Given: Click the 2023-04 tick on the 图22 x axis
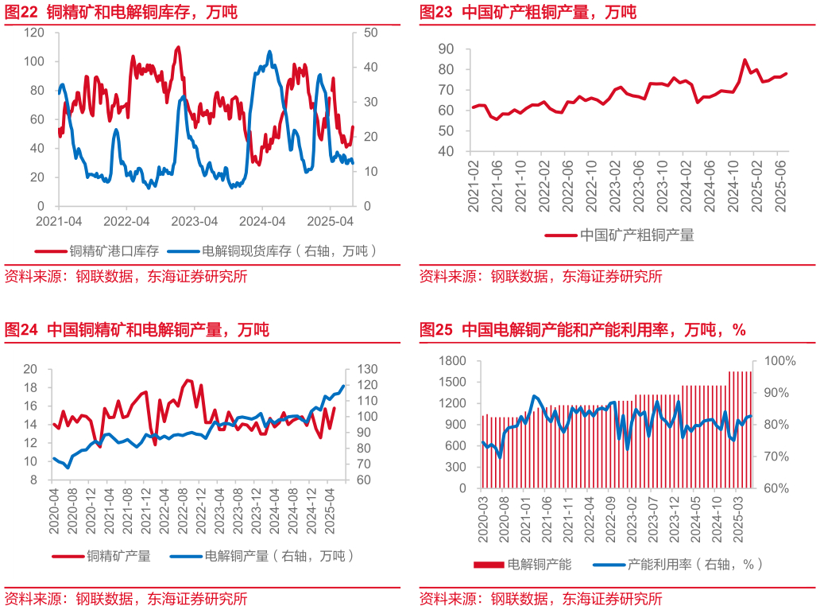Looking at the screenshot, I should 195,220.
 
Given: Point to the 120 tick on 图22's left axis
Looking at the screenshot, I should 34,33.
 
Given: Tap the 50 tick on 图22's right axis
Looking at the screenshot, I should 369,33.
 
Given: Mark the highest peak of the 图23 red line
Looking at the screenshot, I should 745,60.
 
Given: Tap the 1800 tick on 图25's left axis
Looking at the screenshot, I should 451,361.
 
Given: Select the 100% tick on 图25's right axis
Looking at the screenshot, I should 779,361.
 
